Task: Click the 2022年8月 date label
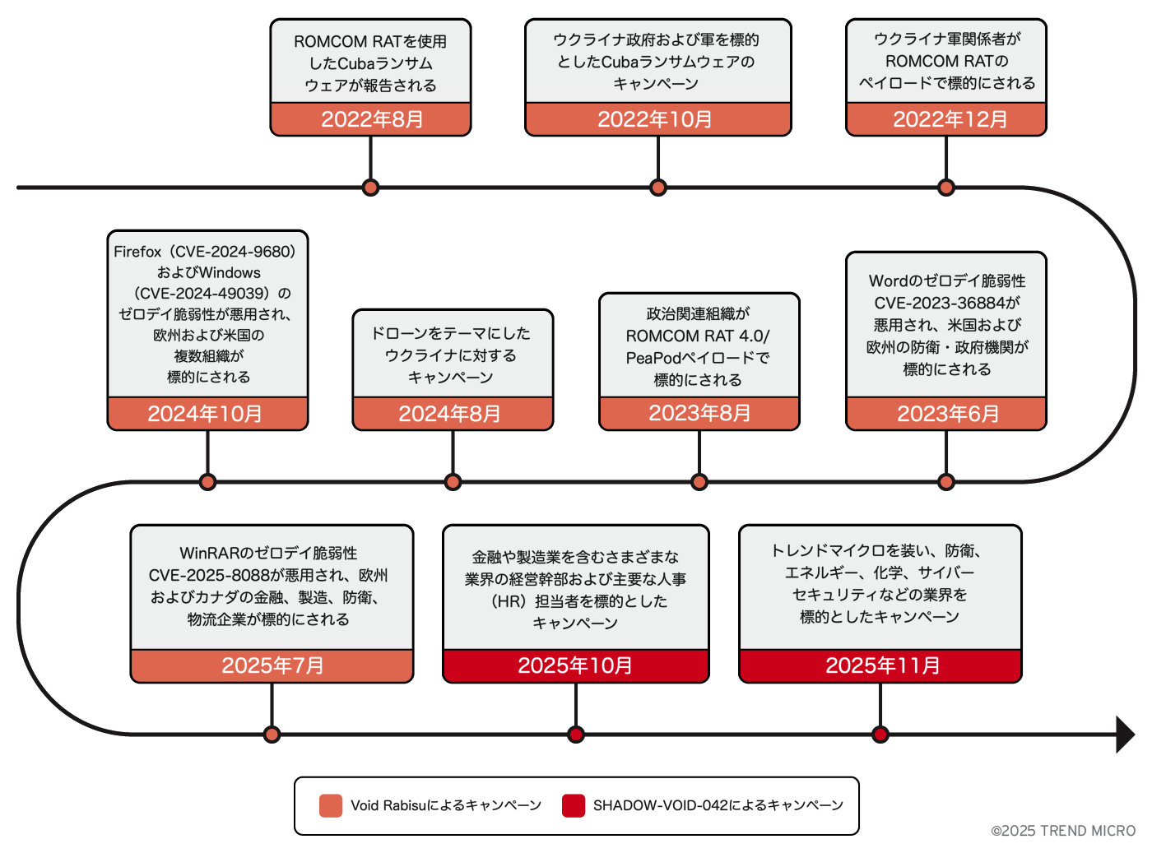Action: (371, 119)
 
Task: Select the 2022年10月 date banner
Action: (657, 119)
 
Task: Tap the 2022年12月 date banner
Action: (946, 119)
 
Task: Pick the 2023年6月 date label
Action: (946, 414)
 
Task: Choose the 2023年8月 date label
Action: (699, 413)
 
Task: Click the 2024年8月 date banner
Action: (453, 414)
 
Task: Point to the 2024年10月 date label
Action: (207, 414)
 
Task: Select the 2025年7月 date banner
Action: (272, 665)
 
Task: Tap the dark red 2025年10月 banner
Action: (575, 665)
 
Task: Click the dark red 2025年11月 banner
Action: (880, 665)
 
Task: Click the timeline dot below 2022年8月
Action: (371, 188)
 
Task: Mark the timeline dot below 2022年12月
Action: (946, 188)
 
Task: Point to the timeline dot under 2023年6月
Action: (946, 482)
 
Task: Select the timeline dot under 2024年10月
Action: (207, 482)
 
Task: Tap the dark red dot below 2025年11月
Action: (880, 735)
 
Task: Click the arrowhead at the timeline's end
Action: (1125, 735)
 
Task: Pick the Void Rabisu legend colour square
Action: (331, 805)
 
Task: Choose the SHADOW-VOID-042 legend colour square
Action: (574, 805)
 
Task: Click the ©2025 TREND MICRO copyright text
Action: (1063, 831)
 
